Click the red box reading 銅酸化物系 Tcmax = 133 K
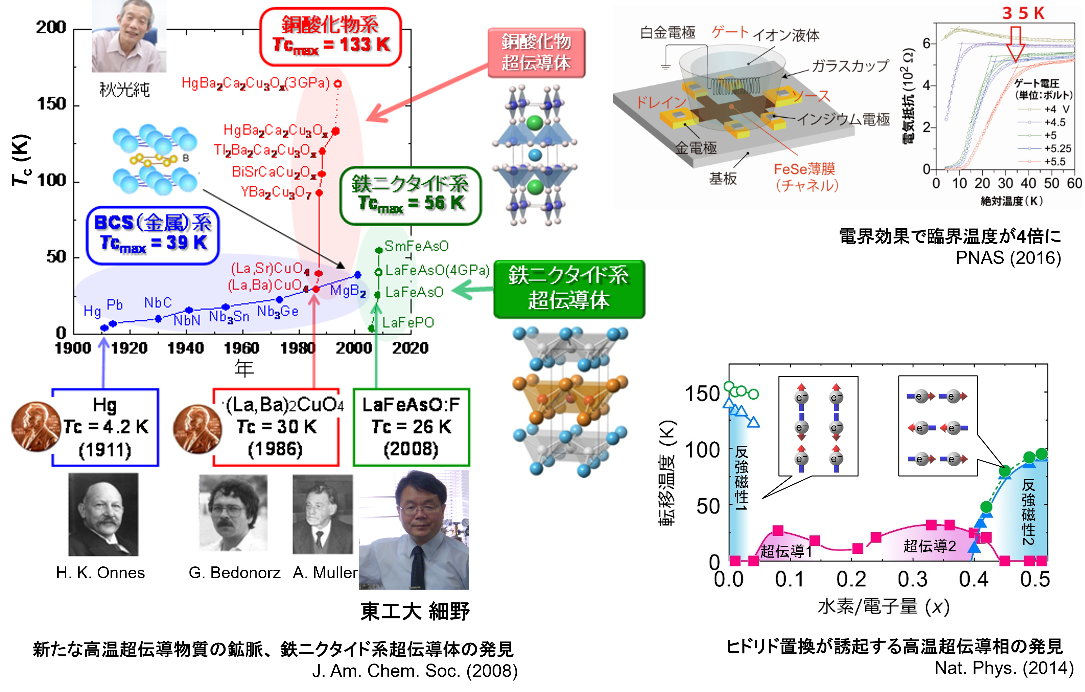point(330,37)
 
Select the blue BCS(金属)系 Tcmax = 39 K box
point(153,235)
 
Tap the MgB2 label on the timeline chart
point(348,291)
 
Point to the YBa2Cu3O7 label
point(276,193)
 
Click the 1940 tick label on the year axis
point(186,348)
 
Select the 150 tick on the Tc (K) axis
point(51,104)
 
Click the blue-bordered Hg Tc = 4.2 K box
point(105,427)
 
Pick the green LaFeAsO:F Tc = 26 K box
point(411,427)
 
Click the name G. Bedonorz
point(234,573)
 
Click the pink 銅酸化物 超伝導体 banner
point(536,52)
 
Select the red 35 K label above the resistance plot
point(1023,13)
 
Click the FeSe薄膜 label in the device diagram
point(804,169)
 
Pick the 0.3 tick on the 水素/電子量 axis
point(912,579)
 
